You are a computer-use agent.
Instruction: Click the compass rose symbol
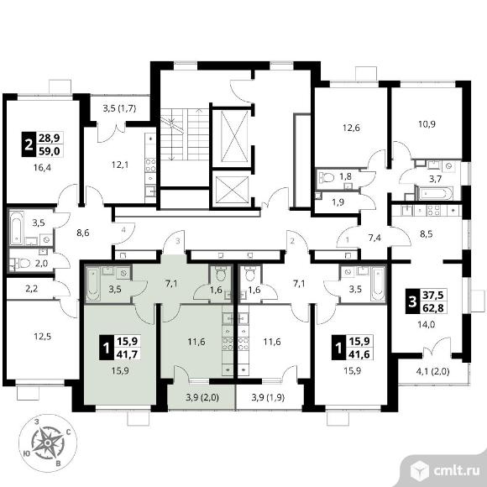tap(48, 442)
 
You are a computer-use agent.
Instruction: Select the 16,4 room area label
tap(42, 167)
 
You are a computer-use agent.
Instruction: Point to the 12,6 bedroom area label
tap(351, 128)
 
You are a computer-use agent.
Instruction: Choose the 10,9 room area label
tap(427, 124)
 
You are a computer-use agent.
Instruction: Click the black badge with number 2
tap(29, 144)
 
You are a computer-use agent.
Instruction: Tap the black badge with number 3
tap(412, 301)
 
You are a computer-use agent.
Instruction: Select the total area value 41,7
tap(128, 353)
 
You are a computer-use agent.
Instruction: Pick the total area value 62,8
tap(433, 308)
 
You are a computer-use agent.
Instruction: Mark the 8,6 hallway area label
tap(83, 232)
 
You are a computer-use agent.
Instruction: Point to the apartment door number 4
tap(123, 230)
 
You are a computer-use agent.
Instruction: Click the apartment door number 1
tap(348, 239)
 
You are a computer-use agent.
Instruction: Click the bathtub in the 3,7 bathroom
tap(434, 193)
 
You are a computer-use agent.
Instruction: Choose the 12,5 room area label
tap(42, 337)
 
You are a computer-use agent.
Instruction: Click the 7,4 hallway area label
tap(374, 238)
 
